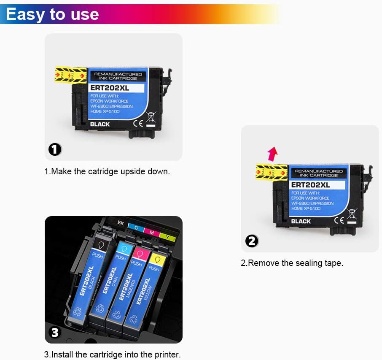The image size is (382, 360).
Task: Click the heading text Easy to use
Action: tap(52, 14)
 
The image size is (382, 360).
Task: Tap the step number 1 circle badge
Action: tap(55, 149)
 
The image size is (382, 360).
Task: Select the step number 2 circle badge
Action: tap(252, 241)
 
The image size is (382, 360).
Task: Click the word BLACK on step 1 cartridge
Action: tap(100, 124)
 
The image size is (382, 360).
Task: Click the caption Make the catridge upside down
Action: tap(107, 172)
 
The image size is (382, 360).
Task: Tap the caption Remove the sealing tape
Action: tap(292, 263)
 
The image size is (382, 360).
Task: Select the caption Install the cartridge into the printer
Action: tap(112, 355)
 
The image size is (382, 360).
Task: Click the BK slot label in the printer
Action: tap(121, 222)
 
